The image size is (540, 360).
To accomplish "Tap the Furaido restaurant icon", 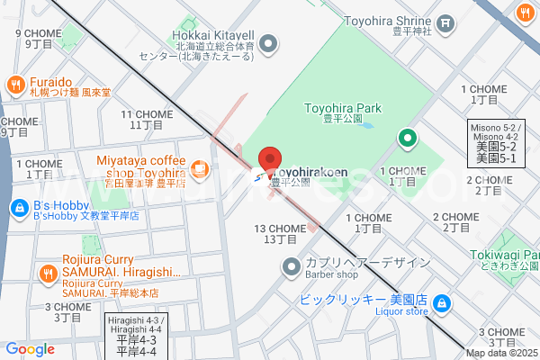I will [x=14, y=85].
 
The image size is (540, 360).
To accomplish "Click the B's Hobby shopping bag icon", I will [x=17, y=209].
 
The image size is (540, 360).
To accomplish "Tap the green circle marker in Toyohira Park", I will [x=407, y=138].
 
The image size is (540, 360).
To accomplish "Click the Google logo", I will [x=30, y=349].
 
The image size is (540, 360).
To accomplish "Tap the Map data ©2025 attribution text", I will [x=501, y=353].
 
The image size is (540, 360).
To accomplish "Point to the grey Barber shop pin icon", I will [x=291, y=265].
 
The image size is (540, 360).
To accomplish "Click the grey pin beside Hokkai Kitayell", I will [x=267, y=41].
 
